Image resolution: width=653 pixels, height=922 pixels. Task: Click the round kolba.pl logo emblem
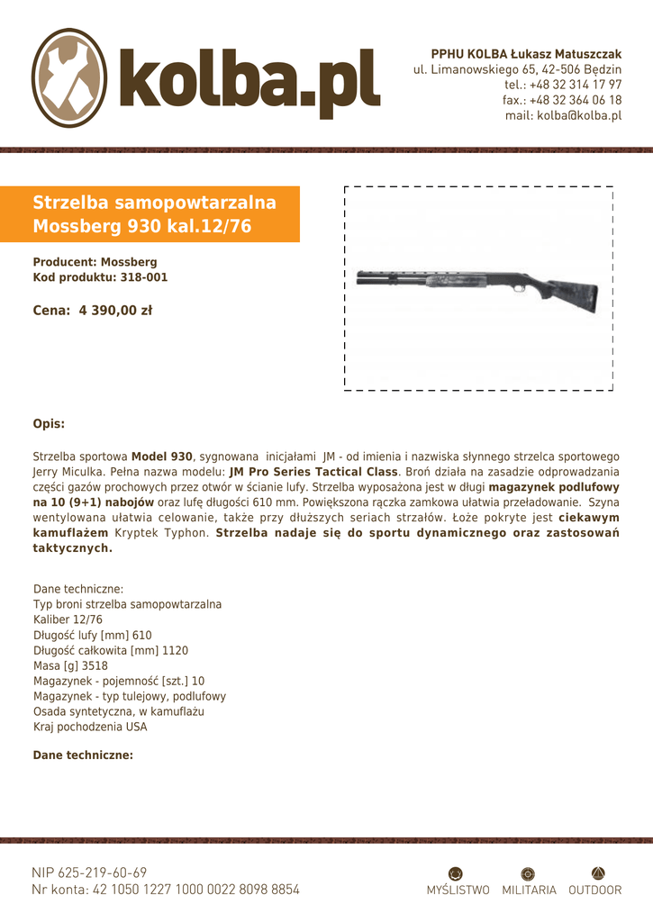coord(70,77)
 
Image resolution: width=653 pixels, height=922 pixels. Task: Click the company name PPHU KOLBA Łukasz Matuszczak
coord(526,54)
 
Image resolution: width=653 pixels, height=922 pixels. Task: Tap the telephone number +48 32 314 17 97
coord(563,85)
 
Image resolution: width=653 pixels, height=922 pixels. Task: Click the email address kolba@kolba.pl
coord(563,115)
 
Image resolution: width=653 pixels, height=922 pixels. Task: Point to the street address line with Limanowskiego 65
coord(517,69)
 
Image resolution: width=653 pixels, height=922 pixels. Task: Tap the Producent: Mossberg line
coord(95,262)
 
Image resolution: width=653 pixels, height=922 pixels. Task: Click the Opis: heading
coord(49,423)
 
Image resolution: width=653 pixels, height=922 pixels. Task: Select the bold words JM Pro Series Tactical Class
coord(313,472)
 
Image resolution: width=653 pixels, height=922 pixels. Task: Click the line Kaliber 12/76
coord(68,619)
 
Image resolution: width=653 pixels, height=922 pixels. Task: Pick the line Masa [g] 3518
coord(70,665)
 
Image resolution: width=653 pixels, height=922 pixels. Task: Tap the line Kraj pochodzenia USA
coord(90,727)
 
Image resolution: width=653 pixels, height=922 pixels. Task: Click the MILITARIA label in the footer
coord(529,890)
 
